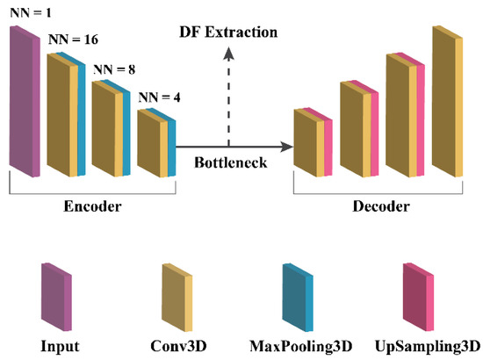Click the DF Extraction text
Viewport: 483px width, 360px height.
tap(228, 32)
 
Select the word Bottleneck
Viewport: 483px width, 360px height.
tap(229, 162)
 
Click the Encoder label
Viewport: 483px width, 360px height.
tap(91, 207)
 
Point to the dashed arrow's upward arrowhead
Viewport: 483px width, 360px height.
tap(228, 54)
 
